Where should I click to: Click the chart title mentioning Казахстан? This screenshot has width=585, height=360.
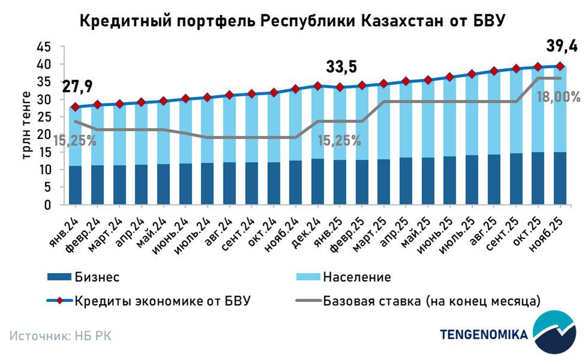[292, 20]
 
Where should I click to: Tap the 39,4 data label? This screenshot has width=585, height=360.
[561, 46]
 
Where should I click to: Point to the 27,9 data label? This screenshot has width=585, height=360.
[77, 87]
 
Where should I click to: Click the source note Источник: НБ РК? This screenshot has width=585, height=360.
[60, 335]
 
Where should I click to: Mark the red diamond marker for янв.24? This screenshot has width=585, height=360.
[76, 107]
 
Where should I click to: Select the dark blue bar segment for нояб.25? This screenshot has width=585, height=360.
[560, 179]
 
